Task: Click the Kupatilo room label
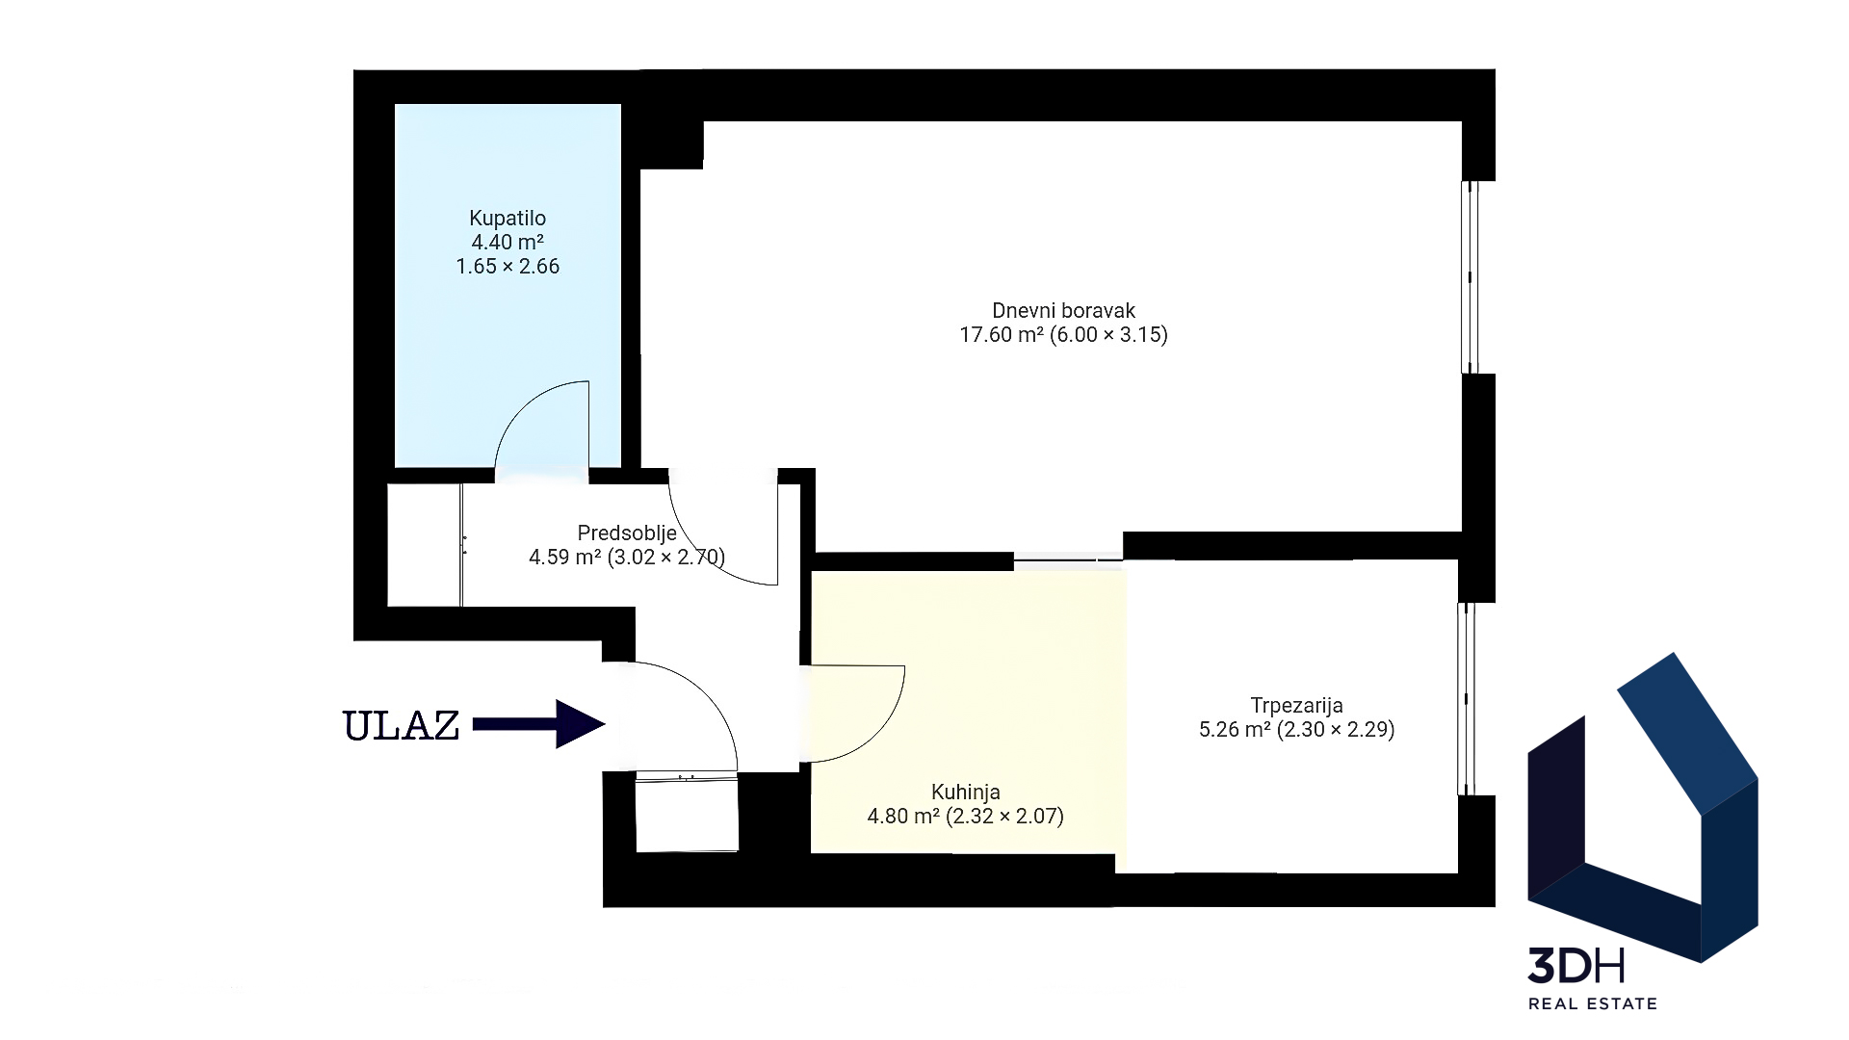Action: pyautogui.click(x=508, y=219)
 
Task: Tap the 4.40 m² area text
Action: pyautogui.click(x=508, y=243)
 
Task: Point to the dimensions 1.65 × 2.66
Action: pyautogui.click(x=508, y=267)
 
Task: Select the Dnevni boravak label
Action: pyautogui.click(x=1063, y=311)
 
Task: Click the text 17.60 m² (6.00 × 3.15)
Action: pyautogui.click(x=1063, y=335)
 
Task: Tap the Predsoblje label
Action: pyautogui.click(x=627, y=533)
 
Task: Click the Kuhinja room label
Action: pyautogui.click(x=965, y=793)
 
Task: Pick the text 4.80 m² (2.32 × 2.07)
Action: pyautogui.click(x=965, y=818)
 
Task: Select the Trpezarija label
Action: pyautogui.click(x=1296, y=706)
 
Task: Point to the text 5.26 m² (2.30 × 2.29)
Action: pyautogui.click(x=1296, y=730)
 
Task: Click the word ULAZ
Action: pyautogui.click(x=402, y=726)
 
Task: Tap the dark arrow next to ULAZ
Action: pyautogui.click(x=538, y=724)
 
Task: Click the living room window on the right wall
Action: pyautogui.click(x=1470, y=277)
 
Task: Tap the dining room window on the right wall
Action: pyautogui.click(x=1467, y=699)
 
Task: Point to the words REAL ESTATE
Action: pyautogui.click(x=1593, y=1004)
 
